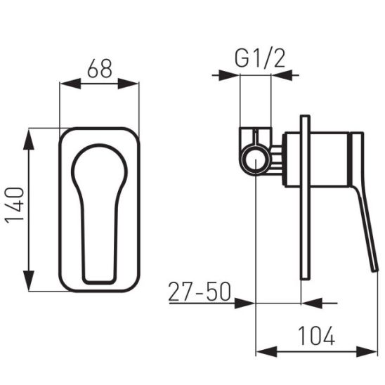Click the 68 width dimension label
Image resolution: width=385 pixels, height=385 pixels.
point(100,68)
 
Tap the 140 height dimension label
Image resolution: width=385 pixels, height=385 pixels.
point(15,205)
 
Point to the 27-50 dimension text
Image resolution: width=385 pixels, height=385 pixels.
point(200,292)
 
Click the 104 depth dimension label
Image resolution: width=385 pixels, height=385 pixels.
point(316,336)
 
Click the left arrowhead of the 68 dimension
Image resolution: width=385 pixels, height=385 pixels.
point(71,84)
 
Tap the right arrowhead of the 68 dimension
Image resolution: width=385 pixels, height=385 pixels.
point(128,84)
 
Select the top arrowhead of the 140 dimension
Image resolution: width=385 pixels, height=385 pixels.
point(29,140)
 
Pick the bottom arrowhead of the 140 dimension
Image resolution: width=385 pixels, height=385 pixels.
point(29,280)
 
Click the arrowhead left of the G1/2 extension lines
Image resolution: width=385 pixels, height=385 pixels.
point(229,75)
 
